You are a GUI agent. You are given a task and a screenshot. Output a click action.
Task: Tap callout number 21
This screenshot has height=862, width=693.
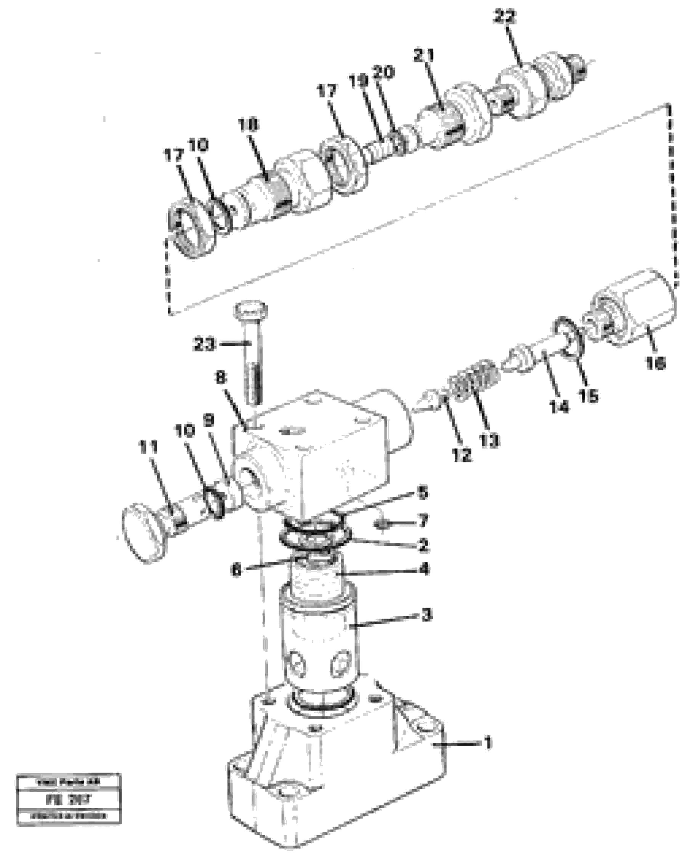click(x=425, y=55)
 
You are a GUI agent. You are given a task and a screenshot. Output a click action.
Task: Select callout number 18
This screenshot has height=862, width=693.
click(x=249, y=126)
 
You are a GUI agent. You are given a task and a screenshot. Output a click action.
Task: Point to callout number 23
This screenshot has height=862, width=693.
click(x=204, y=344)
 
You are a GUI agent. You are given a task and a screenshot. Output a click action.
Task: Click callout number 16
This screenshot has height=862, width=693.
click(x=655, y=363)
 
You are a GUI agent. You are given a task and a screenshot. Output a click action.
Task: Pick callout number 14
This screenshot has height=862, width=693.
click(x=559, y=407)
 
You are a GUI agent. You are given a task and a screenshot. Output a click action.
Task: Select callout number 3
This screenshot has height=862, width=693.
click(x=427, y=615)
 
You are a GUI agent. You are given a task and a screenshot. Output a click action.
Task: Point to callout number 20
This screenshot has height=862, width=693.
click(x=384, y=72)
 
